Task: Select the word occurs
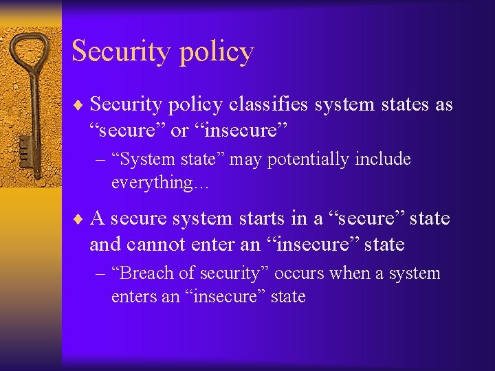click(x=299, y=273)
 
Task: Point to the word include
click(x=388, y=160)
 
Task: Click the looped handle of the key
click(x=30, y=55)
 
